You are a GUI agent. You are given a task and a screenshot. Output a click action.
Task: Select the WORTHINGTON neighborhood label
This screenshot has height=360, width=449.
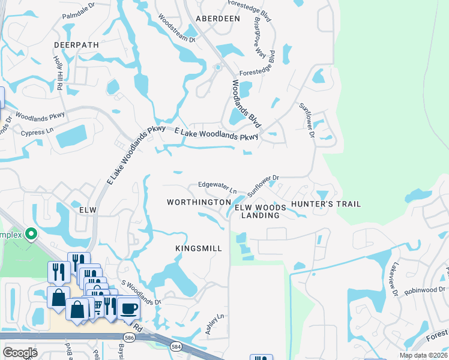point(199,203)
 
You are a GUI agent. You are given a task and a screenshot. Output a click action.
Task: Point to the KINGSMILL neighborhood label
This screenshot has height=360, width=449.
point(199,248)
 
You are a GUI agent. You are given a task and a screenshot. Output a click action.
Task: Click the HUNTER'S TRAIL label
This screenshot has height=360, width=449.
point(326,204)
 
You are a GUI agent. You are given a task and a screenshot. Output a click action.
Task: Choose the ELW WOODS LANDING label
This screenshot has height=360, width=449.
point(260,211)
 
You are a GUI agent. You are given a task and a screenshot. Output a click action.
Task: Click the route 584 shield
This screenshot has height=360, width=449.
point(176,346)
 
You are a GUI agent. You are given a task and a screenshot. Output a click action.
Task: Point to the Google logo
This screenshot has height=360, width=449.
point(20,352)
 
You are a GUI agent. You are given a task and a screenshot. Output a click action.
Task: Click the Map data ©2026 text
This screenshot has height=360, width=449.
point(423,355)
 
